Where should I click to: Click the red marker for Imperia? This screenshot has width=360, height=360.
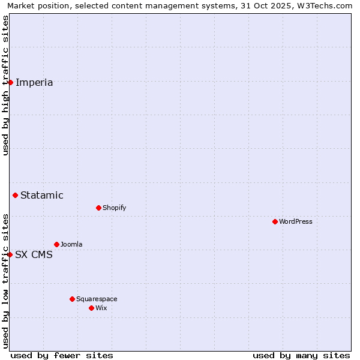(x=10, y=82)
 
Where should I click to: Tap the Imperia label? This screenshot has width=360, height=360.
(x=34, y=83)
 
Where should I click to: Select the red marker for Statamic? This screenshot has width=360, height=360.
(x=15, y=195)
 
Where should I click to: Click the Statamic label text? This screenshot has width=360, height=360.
(x=42, y=195)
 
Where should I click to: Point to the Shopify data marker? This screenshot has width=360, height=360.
(x=98, y=208)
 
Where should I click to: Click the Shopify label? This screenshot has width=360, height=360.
(x=115, y=208)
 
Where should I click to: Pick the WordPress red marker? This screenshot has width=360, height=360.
(x=275, y=221)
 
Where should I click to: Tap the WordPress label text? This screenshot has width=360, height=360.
(x=296, y=221)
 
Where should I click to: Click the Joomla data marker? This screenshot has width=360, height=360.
(x=56, y=244)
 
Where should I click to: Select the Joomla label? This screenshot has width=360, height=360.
(x=71, y=244)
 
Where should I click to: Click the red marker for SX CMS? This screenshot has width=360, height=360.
(x=10, y=254)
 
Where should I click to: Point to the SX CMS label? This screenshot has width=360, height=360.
(x=34, y=255)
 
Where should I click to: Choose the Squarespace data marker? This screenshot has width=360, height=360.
(x=72, y=299)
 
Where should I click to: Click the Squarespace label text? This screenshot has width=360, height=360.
(x=97, y=299)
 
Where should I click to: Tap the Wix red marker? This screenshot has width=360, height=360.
(x=91, y=308)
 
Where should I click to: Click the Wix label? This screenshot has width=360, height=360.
(x=101, y=308)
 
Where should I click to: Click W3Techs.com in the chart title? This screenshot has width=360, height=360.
(x=323, y=6)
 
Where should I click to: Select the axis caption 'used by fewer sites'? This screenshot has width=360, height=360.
(x=62, y=355)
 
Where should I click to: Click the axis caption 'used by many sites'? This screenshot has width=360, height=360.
(x=301, y=355)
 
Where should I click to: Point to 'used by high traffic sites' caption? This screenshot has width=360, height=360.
(x=5, y=85)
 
